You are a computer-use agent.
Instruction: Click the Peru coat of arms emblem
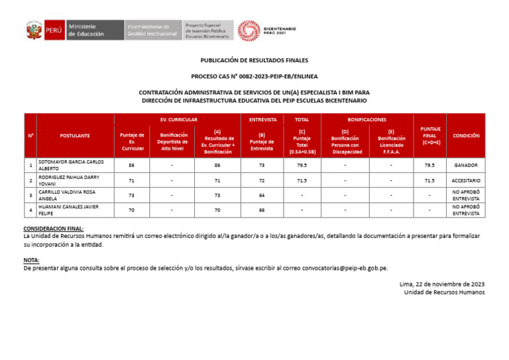point(34,30)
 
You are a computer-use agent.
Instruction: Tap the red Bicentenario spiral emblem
point(249,30)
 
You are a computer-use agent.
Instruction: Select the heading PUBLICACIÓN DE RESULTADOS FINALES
point(254,60)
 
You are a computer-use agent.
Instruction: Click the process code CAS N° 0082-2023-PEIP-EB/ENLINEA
point(254,76)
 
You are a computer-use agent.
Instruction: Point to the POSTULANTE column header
point(75,135)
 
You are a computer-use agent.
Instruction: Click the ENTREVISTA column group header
point(262,120)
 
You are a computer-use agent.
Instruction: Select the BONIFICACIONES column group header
point(367,120)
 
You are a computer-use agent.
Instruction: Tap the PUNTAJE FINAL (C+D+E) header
point(430,135)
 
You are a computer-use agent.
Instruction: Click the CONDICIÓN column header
point(466,135)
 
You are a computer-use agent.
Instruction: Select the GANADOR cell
point(466,165)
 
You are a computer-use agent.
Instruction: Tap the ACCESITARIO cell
point(466,180)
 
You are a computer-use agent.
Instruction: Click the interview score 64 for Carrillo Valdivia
point(262,196)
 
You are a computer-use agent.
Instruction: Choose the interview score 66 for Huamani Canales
point(262,210)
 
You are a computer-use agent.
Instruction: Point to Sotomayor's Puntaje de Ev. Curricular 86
point(132,165)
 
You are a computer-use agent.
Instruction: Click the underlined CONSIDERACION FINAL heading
point(54,228)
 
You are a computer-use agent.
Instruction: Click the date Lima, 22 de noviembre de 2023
point(441,284)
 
